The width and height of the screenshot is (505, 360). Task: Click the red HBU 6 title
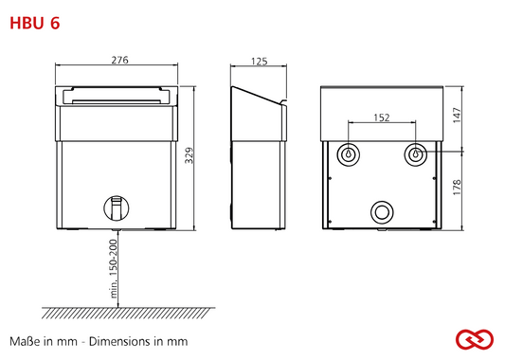pos(35,23)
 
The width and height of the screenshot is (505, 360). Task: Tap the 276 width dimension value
pos(119,60)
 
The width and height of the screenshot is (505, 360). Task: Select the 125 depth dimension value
pos(260,62)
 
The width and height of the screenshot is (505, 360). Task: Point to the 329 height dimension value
pos(189,155)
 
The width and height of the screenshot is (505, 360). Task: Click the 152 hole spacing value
pos(382,117)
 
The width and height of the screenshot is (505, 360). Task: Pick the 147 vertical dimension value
pos(457,116)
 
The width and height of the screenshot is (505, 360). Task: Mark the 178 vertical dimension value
pos(457,187)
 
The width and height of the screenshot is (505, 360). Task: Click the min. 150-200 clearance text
pos(114,268)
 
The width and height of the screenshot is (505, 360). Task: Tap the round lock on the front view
pos(117,208)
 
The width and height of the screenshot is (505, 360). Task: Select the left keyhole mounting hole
pos(348,154)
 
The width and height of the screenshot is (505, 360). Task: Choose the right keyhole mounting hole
pos(416,154)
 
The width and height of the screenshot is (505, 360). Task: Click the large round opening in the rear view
pos(382,212)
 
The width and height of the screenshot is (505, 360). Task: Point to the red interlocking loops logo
pos(475,339)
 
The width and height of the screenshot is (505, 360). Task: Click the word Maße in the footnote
pos(23,341)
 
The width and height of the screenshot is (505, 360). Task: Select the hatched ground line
pos(128,313)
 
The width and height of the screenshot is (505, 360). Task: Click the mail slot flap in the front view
pos(117,97)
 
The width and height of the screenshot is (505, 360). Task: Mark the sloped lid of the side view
pos(257,95)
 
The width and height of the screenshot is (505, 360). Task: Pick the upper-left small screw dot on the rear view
pos(330,178)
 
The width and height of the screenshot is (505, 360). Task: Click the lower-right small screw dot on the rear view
pos(434,222)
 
